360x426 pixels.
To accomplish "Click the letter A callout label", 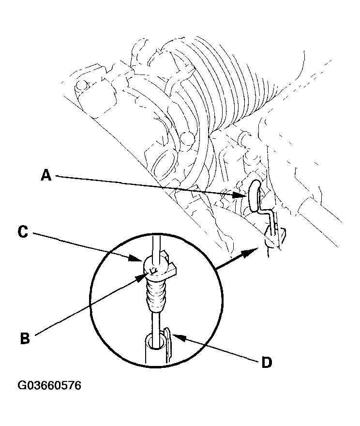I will click(x=46, y=175).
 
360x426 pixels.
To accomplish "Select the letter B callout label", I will click(x=25, y=338).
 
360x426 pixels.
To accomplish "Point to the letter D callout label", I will click(x=266, y=363).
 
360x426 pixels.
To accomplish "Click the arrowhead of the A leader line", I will click(x=244, y=196).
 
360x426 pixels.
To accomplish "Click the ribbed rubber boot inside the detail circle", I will click(x=155, y=296).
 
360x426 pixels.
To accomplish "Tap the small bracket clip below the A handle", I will click(x=275, y=237).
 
